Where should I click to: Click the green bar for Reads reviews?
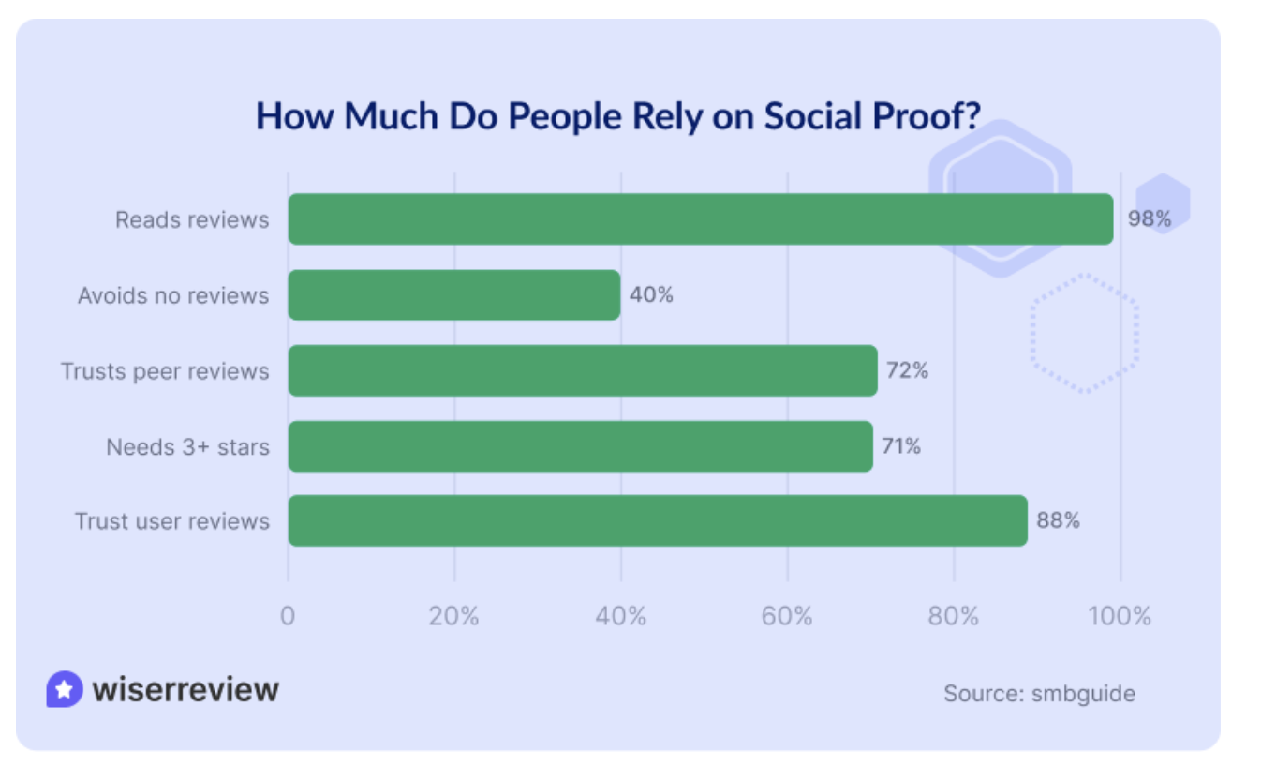(700, 219)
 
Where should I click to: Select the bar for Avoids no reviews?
(453, 295)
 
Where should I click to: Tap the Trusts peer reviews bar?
(582, 370)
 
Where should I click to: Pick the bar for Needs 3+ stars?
(580, 446)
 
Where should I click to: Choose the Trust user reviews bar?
(657, 521)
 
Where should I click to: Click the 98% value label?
(1150, 219)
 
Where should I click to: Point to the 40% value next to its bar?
(651, 295)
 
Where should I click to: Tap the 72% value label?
(907, 370)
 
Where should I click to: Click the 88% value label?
(1058, 521)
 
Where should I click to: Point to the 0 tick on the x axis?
(288, 617)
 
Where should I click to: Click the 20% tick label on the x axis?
(454, 617)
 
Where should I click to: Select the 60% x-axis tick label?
(787, 617)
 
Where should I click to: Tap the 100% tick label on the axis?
(1120, 617)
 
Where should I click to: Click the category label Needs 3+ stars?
(187, 446)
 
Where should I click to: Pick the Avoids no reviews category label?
(173, 295)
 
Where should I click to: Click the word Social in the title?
(811, 115)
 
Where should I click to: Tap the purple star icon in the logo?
(64, 690)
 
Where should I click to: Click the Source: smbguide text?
(1039, 694)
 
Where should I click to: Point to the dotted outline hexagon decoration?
(1085, 333)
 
